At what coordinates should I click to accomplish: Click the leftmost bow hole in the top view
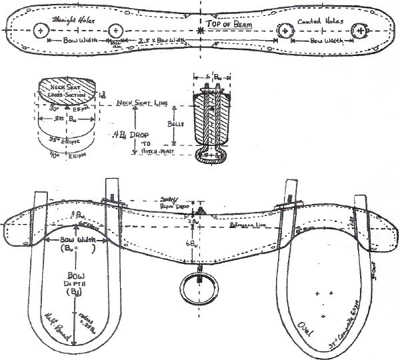(42, 31)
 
